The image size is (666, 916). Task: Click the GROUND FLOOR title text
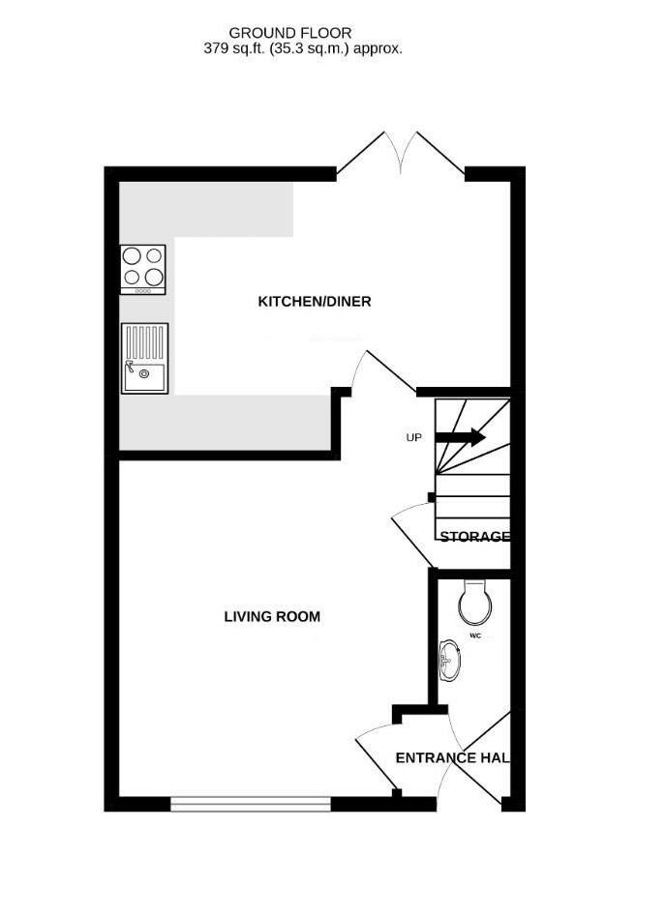click(x=290, y=33)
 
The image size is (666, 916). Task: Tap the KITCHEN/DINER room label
click(x=315, y=302)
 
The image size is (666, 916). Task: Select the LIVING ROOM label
click(x=272, y=616)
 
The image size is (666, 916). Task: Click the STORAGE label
click(x=474, y=536)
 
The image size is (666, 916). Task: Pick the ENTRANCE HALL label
click(x=453, y=757)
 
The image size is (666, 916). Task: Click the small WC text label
click(x=474, y=635)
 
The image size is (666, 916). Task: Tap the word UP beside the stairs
click(x=413, y=437)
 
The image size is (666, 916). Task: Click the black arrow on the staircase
click(x=460, y=437)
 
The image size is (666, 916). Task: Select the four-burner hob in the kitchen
click(x=143, y=269)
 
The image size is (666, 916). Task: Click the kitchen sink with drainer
click(x=145, y=358)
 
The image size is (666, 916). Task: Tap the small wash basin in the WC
click(x=450, y=661)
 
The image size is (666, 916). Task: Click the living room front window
click(x=251, y=804)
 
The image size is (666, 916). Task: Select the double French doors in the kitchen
click(x=401, y=153)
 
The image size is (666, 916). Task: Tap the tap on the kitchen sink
click(x=130, y=367)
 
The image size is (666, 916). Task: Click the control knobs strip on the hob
click(x=143, y=290)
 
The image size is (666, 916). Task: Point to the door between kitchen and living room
click(x=383, y=372)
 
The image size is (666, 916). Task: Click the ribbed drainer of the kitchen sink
click(x=145, y=343)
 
